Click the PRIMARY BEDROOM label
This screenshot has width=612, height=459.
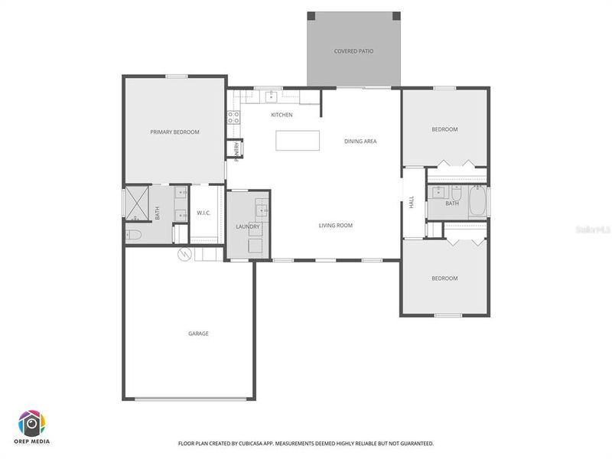tap(174, 132)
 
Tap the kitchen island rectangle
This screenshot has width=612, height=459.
tap(297, 140)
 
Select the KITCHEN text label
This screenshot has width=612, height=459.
tap(282, 115)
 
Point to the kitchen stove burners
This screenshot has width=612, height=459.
tap(233, 118)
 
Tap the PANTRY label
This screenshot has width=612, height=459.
tap(236, 151)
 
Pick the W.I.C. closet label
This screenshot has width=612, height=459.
tap(203, 213)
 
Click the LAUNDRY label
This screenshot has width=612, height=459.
tap(248, 226)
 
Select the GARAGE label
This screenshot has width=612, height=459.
tap(198, 334)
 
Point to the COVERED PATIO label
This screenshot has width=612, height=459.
tap(353, 51)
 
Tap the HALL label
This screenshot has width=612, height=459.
tap(412, 203)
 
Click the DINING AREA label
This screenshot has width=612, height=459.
tap(360, 141)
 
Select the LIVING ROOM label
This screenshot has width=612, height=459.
tap(335, 225)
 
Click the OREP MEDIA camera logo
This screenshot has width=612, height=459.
tap(32, 423)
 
